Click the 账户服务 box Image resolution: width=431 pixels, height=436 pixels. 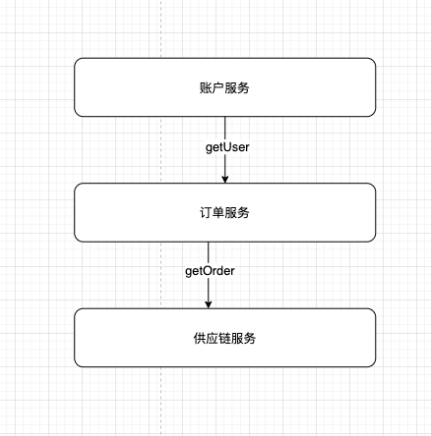(224, 87)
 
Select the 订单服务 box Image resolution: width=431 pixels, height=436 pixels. (224, 212)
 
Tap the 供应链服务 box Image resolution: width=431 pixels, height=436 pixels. (224, 338)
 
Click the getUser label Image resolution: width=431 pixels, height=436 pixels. (227, 147)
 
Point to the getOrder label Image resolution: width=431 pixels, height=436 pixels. (210, 271)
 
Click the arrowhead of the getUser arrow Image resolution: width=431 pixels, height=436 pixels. (224, 180)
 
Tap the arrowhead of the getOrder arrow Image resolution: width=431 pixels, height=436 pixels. (209, 304)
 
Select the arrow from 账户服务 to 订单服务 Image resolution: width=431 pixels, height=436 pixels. (224, 149)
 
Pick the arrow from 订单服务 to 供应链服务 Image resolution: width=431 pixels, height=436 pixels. (209, 275)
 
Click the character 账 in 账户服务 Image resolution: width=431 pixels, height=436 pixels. (206, 87)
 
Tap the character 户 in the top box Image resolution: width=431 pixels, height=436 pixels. (218, 87)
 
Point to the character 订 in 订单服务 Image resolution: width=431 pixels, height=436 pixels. (206, 213)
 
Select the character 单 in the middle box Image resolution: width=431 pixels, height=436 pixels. (218, 213)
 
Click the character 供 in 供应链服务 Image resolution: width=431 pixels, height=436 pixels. (200, 338)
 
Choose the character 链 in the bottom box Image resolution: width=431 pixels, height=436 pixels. (224, 338)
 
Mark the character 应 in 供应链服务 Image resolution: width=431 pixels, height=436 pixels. (212, 338)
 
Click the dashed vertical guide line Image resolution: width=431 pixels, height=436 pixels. (160, 218)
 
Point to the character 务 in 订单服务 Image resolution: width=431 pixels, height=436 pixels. (243, 213)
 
